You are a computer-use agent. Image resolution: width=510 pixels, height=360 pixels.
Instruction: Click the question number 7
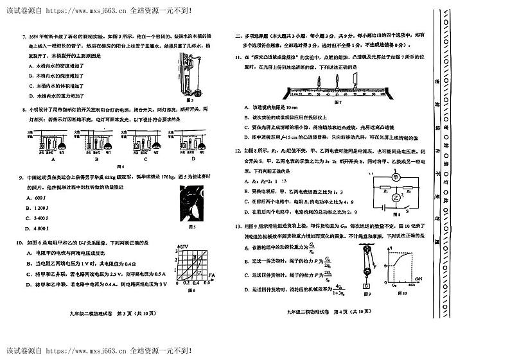tap(24, 38)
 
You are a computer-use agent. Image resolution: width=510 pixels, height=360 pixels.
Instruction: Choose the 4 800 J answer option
tap(37, 228)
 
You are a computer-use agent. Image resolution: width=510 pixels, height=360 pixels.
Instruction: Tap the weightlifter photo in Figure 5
tap(191, 204)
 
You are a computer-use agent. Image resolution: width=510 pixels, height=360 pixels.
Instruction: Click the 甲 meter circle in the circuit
tap(396, 178)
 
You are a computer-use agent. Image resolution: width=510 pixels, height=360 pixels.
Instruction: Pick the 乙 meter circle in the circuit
tap(396, 199)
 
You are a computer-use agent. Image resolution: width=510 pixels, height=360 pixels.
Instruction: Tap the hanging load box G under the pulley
tap(365, 286)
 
